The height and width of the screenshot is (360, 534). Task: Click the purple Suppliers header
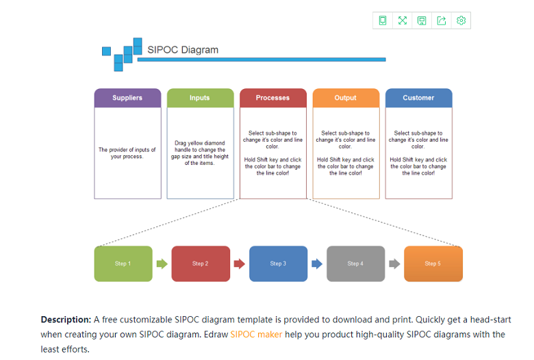tap(127, 98)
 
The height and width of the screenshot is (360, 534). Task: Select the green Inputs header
tap(200, 98)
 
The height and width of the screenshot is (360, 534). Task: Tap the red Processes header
tap(272, 98)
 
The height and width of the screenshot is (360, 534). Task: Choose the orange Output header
tap(346, 98)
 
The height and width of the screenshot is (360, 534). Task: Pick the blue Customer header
tap(418, 98)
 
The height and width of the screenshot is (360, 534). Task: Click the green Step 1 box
tap(123, 263)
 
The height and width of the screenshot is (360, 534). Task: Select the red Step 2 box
tap(201, 263)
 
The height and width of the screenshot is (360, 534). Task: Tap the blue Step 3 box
tap(278, 263)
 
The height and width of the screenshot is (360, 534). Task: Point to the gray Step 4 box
tap(355, 263)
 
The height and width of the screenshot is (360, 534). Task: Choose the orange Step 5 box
tap(433, 263)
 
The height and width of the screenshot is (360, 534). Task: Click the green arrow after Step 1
tap(162, 263)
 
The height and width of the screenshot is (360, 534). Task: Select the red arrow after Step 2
tap(239, 263)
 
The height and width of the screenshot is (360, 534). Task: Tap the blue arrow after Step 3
tap(317, 263)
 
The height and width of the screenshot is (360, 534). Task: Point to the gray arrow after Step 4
tap(394, 263)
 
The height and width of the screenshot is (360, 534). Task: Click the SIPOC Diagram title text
tap(183, 49)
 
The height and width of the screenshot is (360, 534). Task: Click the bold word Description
tap(66, 320)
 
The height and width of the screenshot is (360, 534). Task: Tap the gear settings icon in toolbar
tap(461, 21)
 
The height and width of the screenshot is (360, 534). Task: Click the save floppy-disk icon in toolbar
tap(422, 21)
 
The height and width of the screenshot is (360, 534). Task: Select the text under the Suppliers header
tap(127, 153)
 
